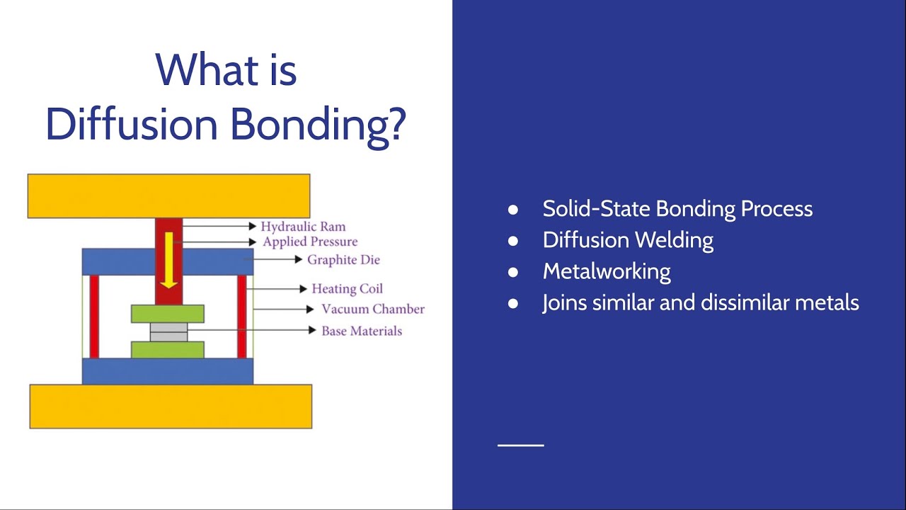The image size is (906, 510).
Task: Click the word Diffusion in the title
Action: pyautogui.click(x=132, y=124)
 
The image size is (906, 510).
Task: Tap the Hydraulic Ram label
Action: pyautogui.click(x=303, y=227)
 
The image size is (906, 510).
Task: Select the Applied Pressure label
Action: pyautogui.click(x=310, y=242)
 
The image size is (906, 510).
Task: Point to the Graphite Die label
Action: pyautogui.click(x=343, y=260)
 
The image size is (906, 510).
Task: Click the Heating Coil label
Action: pyautogui.click(x=347, y=289)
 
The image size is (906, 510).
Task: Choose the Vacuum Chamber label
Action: pyautogui.click(x=373, y=310)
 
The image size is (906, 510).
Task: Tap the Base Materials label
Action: pyautogui.click(x=362, y=331)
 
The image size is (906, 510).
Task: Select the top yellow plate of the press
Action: pyautogui.click(x=168, y=195)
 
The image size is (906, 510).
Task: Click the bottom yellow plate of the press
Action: pyautogui.click(x=171, y=407)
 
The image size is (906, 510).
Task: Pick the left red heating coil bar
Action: pyautogui.click(x=94, y=316)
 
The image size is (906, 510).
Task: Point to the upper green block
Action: pyautogui.click(x=168, y=314)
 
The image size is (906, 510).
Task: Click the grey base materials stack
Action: pyautogui.click(x=168, y=331)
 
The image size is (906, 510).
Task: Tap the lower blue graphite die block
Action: pyautogui.click(x=168, y=371)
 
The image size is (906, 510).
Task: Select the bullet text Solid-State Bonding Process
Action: pyautogui.click(x=677, y=209)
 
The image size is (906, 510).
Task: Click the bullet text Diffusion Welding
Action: pyautogui.click(x=628, y=240)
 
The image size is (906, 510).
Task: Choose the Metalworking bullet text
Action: pyautogui.click(x=607, y=271)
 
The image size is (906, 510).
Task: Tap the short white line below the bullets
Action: pyautogui.click(x=521, y=445)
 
